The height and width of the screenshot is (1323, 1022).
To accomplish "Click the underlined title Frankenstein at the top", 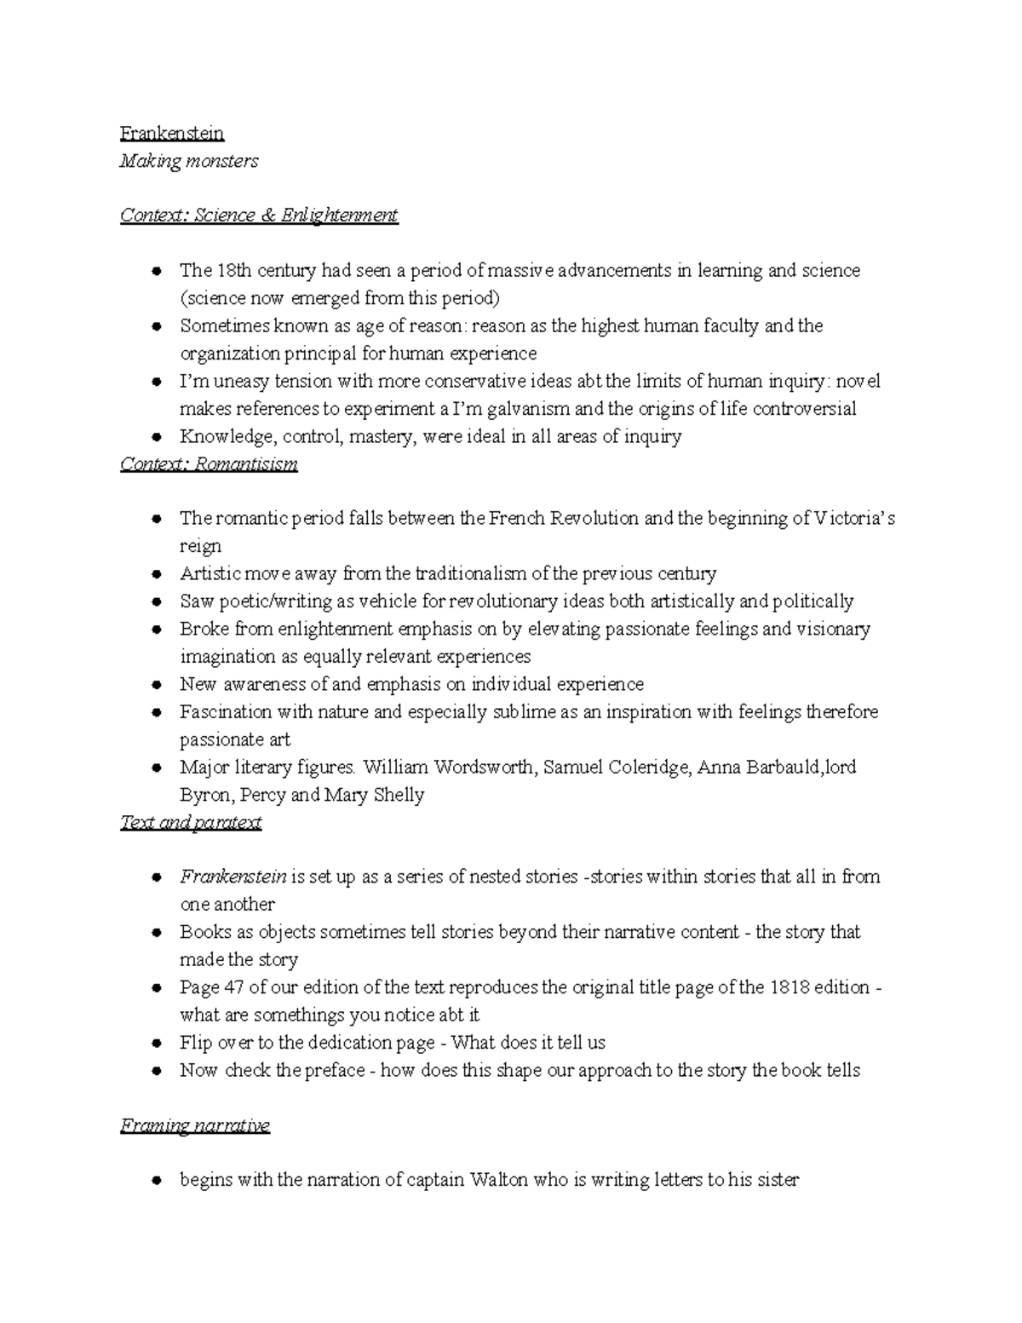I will click(172, 134).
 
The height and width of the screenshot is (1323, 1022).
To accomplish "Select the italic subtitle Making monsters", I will click(189, 161).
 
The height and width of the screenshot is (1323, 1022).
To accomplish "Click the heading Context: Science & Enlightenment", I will click(259, 216).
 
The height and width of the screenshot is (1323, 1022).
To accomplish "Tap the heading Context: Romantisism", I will click(209, 464).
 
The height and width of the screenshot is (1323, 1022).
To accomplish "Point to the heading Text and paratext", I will click(191, 823).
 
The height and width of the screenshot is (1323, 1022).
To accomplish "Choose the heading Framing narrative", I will click(195, 1126).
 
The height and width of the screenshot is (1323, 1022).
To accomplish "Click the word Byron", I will click(204, 796).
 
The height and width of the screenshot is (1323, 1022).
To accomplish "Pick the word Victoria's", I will click(855, 519).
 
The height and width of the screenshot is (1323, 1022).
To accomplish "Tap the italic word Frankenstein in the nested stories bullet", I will click(233, 877).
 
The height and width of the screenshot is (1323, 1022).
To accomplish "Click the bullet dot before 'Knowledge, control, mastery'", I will click(156, 438).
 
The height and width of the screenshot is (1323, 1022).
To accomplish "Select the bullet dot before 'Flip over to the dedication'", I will click(156, 1044).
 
